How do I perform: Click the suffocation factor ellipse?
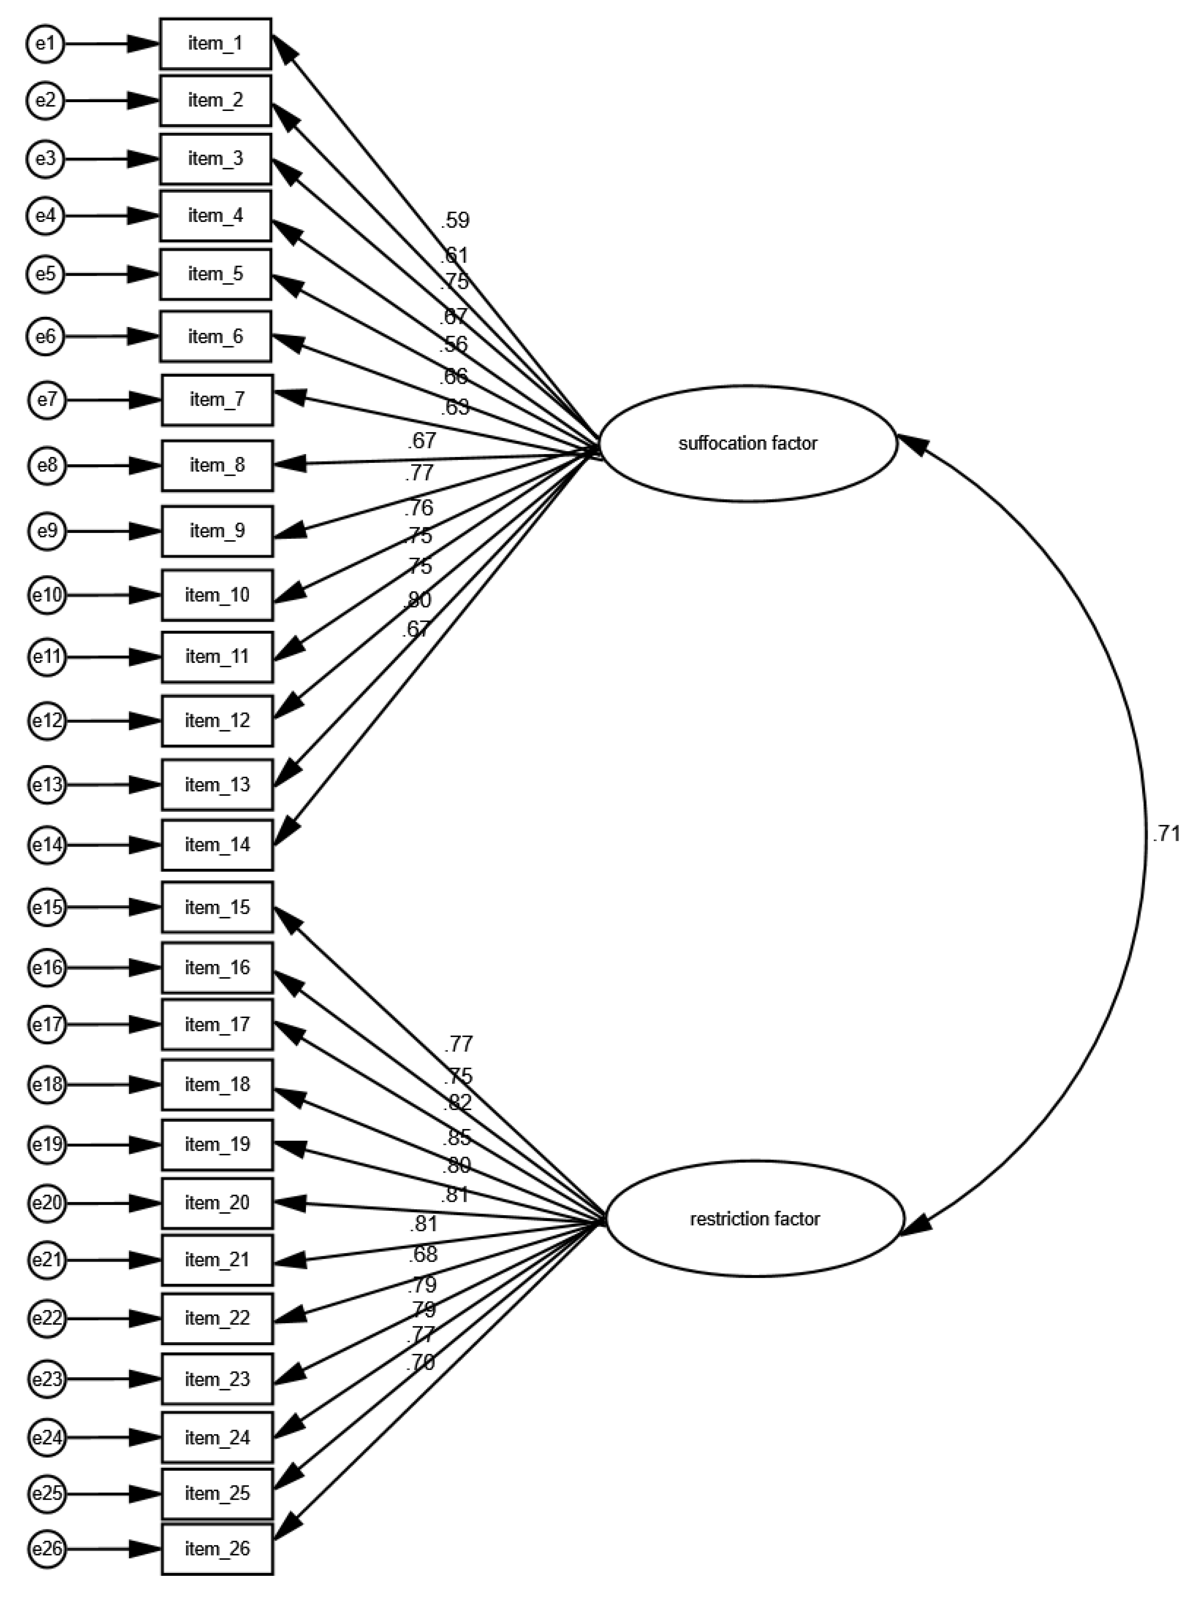pyautogui.click(x=748, y=443)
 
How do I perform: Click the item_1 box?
pyautogui.click(x=215, y=44)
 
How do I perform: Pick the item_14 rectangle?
pyautogui.click(x=217, y=845)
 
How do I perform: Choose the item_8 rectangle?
pyautogui.click(x=217, y=465)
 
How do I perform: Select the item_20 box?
pyautogui.click(x=217, y=1203)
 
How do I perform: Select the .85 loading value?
pyautogui.click(x=457, y=1138)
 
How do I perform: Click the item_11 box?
pyautogui.click(x=217, y=657)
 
